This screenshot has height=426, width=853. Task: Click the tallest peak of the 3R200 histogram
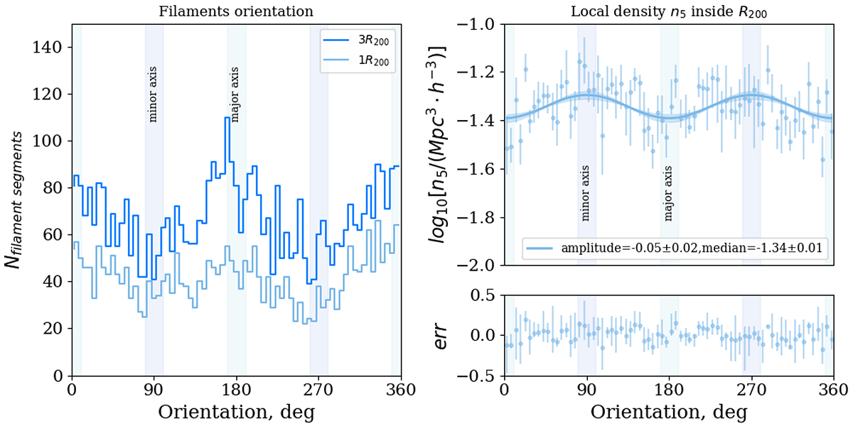227,118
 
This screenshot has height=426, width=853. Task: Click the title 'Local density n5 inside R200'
669,11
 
